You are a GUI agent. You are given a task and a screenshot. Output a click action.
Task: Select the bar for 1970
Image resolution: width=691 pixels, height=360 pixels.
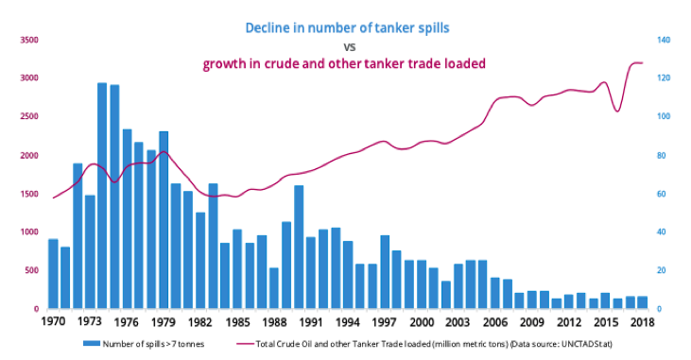(x=53, y=274)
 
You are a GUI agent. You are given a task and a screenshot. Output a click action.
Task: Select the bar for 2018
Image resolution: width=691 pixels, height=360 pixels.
(x=643, y=302)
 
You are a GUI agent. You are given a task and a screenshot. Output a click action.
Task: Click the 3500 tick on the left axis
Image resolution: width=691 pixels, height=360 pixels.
(x=27, y=40)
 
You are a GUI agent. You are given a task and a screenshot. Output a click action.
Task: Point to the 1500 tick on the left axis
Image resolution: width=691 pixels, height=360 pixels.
(x=27, y=194)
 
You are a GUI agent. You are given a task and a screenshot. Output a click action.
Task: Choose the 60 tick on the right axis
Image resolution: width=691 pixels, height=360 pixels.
(x=664, y=194)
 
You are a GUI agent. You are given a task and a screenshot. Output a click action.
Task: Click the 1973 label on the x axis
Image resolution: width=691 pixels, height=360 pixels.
(x=90, y=321)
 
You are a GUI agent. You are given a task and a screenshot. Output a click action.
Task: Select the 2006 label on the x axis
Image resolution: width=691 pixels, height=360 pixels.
(x=495, y=321)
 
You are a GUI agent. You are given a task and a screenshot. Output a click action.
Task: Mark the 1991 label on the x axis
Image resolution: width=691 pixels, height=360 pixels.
(x=311, y=321)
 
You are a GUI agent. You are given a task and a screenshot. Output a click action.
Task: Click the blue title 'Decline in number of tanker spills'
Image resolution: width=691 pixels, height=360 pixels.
(x=346, y=27)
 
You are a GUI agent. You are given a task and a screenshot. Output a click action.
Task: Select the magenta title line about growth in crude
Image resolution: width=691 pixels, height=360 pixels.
(x=344, y=63)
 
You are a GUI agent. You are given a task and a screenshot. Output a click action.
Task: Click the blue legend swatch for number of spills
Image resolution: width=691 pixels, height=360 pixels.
(x=93, y=343)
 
